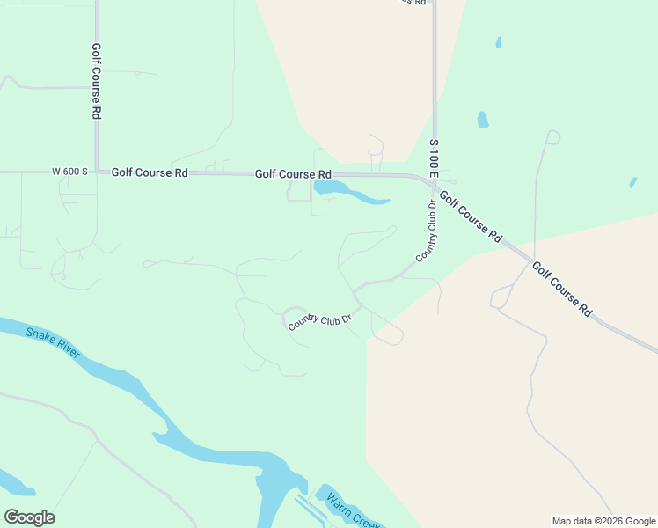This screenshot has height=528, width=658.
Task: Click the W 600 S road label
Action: [69, 172]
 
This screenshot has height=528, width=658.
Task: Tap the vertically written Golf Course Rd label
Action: [96, 82]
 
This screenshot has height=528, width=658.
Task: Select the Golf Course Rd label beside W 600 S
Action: [150, 173]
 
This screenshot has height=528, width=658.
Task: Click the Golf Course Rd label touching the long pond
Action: [293, 174]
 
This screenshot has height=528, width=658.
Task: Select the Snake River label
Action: [53, 342]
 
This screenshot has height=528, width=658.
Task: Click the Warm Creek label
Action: [351, 510]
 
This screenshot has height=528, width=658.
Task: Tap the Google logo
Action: [29, 517]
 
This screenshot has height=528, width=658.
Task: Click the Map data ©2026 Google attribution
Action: [603, 521]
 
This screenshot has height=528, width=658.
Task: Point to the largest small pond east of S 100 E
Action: [482, 120]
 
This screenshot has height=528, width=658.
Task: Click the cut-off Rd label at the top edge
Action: [416, 3]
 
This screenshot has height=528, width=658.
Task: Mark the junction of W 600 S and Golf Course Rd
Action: [97, 172]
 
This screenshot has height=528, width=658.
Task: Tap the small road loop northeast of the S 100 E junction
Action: [552, 136]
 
